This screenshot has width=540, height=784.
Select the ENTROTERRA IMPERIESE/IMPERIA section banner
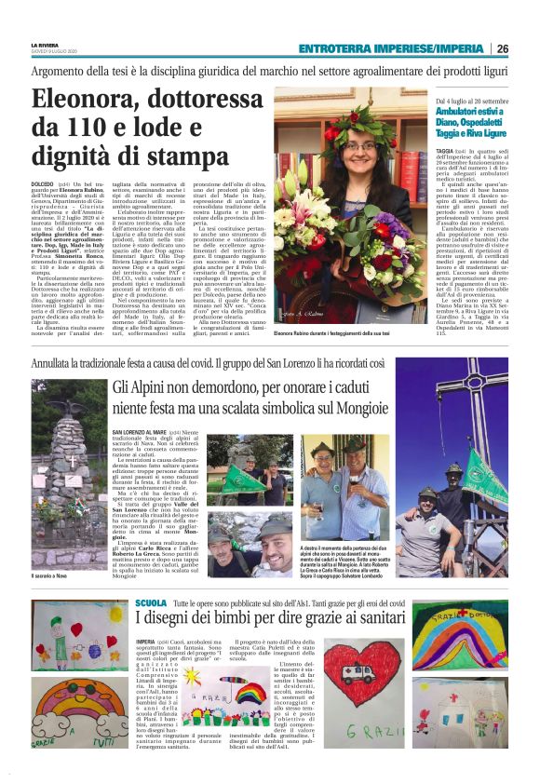391,48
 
